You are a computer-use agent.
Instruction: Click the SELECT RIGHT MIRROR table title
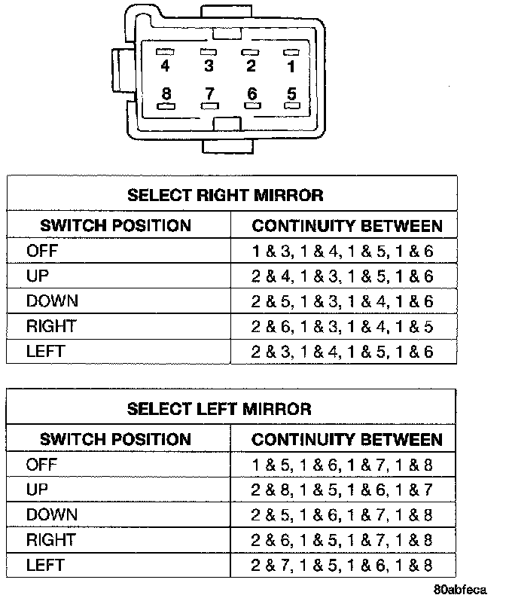click(x=225, y=196)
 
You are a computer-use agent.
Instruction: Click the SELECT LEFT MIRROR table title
click(x=219, y=409)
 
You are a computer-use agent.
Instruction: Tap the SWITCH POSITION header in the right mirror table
click(x=115, y=225)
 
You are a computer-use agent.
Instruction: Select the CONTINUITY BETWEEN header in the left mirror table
click(x=347, y=439)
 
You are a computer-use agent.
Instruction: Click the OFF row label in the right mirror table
click(x=41, y=251)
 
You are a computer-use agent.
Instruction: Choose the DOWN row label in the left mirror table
click(x=52, y=514)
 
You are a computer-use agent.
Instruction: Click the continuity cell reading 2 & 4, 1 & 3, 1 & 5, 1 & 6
click(x=343, y=276)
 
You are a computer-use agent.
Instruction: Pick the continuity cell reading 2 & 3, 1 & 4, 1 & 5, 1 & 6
click(x=343, y=352)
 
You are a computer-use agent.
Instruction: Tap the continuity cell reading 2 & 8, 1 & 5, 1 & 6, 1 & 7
click(x=343, y=490)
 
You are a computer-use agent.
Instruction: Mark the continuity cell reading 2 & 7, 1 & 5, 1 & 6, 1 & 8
click(x=343, y=566)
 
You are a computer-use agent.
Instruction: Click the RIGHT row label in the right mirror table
click(x=50, y=326)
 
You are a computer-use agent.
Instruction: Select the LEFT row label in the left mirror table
click(x=45, y=565)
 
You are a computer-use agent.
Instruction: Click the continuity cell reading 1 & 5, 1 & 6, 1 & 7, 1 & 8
click(x=343, y=465)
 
